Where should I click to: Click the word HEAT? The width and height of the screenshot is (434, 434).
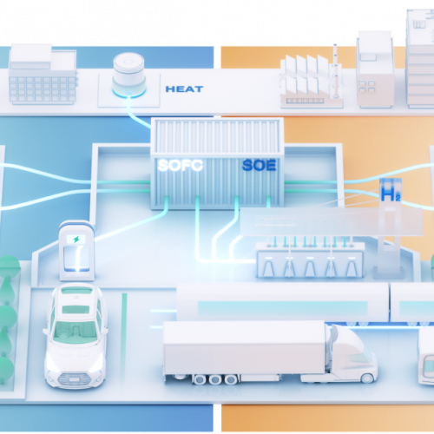[x=184, y=89]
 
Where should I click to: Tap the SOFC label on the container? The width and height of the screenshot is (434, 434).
[x=180, y=165]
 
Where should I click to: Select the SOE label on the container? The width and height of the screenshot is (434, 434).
[x=259, y=165]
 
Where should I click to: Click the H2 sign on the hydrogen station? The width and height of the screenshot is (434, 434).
[x=391, y=194]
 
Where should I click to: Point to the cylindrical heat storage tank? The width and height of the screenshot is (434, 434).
[x=128, y=75]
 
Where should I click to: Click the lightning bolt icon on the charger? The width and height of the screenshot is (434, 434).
[x=76, y=240]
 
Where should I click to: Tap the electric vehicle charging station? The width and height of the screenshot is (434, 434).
[x=76, y=250]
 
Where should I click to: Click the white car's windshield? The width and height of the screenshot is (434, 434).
[x=76, y=332]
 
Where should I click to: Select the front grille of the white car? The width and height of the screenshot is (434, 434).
[x=73, y=378]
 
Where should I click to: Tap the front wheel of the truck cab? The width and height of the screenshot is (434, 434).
[x=367, y=378]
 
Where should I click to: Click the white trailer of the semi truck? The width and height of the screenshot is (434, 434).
[x=244, y=348]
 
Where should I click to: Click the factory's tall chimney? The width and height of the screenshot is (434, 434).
[x=335, y=71]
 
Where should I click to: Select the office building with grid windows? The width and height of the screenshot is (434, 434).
[x=43, y=75]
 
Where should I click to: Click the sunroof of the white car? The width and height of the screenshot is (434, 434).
[x=76, y=309]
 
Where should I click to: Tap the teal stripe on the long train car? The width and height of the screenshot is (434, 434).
[x=282, y=308]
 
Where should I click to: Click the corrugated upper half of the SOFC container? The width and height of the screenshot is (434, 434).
[x=216, y=136]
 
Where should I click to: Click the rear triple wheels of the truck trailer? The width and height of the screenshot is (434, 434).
[x=215, y=379]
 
